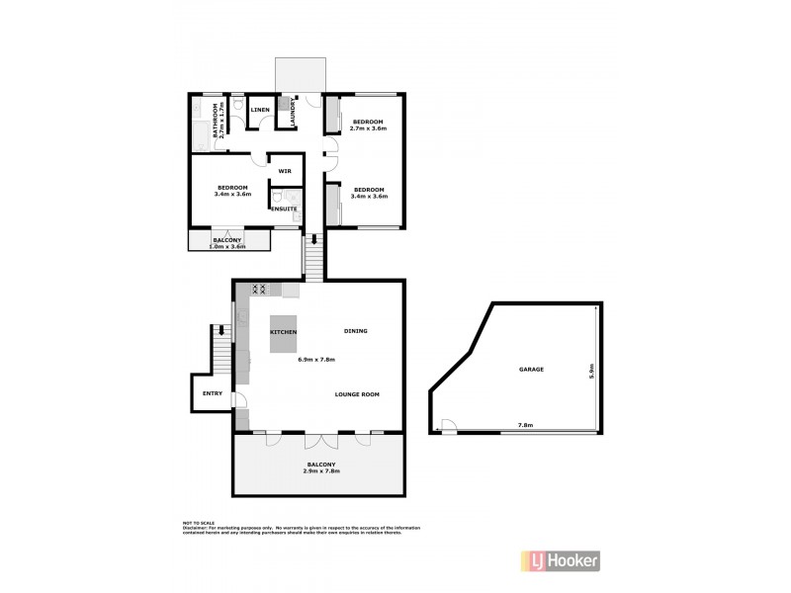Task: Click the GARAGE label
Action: (x=532, y=369)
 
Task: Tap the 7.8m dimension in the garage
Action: (x=525, y=426)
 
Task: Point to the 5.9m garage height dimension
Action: (x=590, y=372)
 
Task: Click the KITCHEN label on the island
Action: (x=284, y=332)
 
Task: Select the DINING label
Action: (x=355, y=331)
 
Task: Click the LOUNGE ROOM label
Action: (x=357, y=394)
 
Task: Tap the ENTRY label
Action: (x=212, y=393)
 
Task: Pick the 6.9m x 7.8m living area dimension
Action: (x=315, y=359)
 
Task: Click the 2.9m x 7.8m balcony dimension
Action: (x=321, y=471)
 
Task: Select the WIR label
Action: (x=284, y=171)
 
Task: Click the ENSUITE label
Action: (x=285, y=209)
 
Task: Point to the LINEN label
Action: (x=261, y=110)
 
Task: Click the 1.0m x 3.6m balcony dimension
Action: (x=229, y=244)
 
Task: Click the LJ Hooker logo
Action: (x=558, y=560)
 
